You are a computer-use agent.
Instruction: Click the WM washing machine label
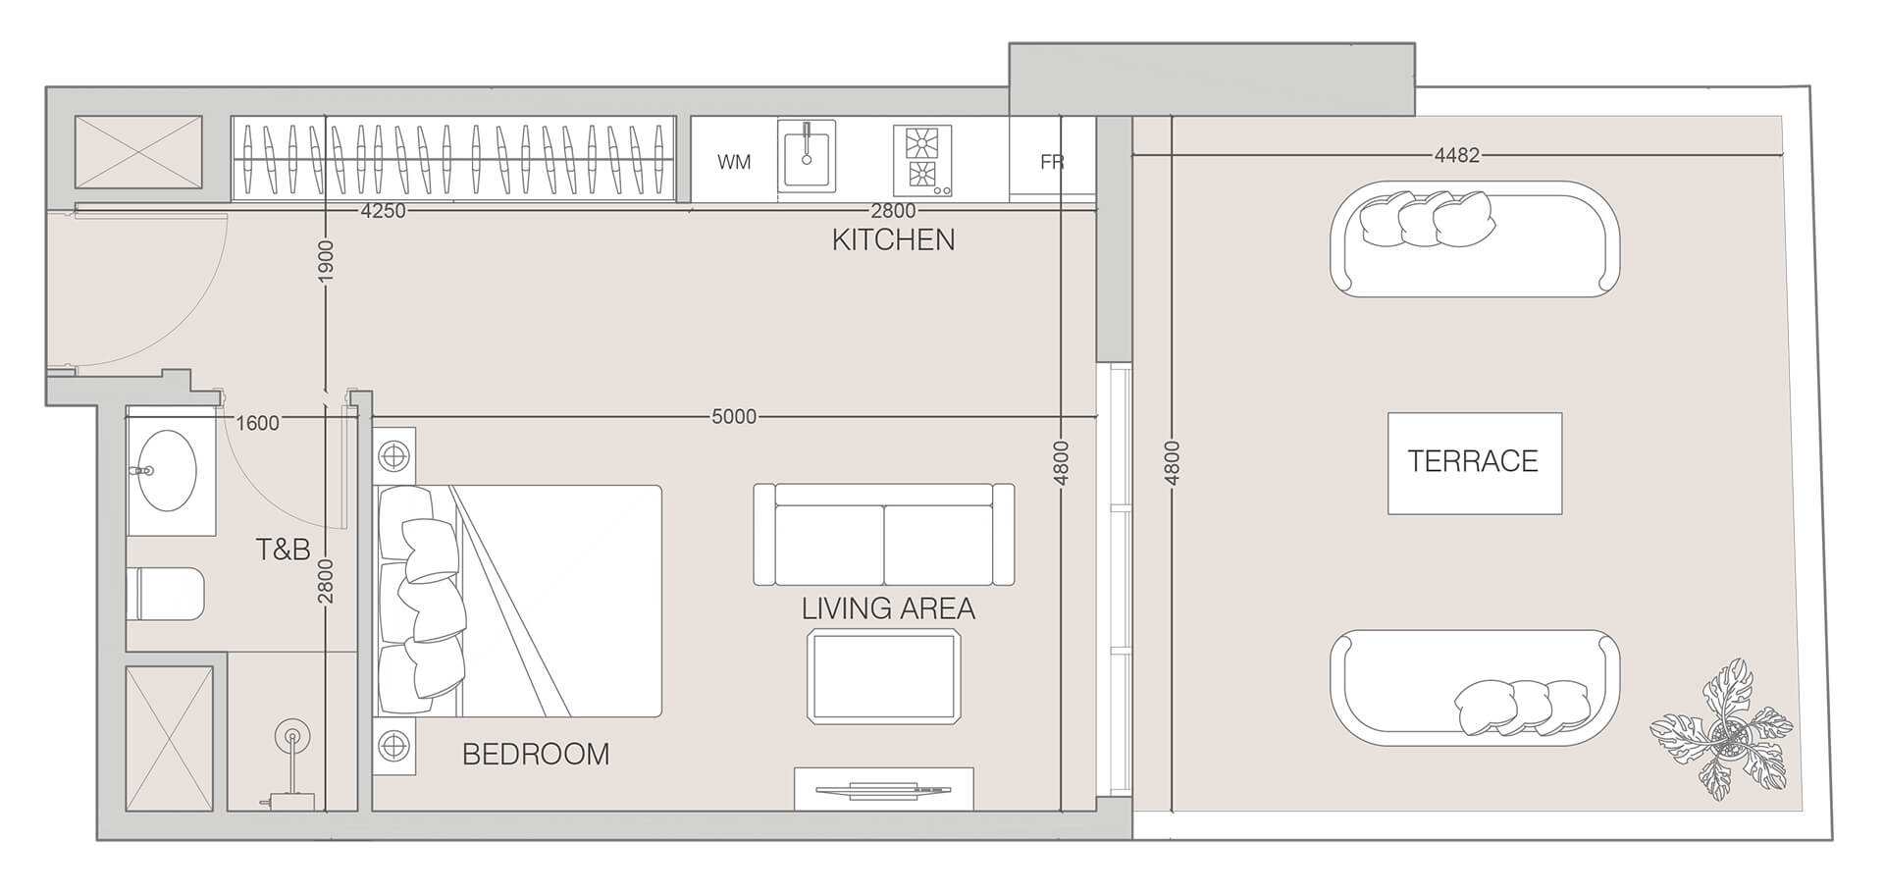[734, 162]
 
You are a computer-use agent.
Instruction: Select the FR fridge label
[1052, 162]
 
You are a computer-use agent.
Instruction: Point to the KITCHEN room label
[893, 239]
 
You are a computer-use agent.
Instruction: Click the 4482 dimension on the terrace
[1456, 155]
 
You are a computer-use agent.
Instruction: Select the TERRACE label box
[1474, 462]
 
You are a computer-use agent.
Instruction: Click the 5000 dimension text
[734, 417]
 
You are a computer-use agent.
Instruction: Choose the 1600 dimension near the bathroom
[258, 423]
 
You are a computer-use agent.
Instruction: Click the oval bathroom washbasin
[166, 471]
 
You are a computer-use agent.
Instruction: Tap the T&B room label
[283, 550]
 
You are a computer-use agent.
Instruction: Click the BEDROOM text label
[536, 754]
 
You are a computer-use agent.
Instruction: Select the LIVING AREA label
[888, 608]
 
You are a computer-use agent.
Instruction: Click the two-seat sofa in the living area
[883, 535]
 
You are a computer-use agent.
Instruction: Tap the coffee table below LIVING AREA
[883, 677]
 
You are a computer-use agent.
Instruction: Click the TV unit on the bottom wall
[883, 789]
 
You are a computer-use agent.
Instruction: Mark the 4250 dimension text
[383, 211]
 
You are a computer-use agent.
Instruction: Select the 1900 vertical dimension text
[327, 261]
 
